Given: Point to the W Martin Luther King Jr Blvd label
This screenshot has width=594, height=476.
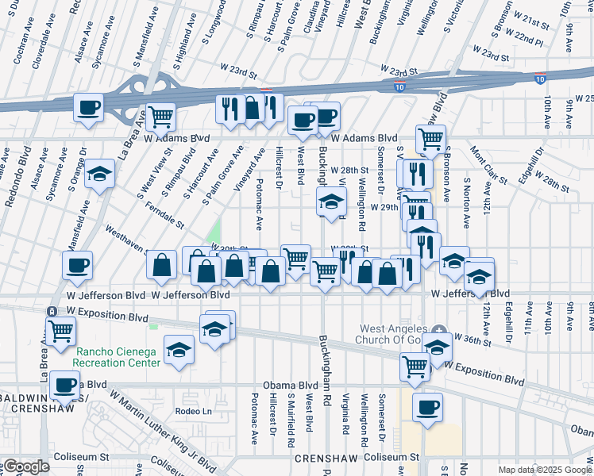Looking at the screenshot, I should pos(162,429).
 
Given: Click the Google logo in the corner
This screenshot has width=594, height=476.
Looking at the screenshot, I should pos(27,466).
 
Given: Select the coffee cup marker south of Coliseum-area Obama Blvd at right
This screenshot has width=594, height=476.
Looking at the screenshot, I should pos(428,408).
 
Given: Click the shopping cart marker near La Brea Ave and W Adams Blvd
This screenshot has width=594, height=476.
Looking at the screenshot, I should pos(161,117).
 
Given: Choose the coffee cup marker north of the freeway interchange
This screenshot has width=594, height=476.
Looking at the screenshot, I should pos(88,107).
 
